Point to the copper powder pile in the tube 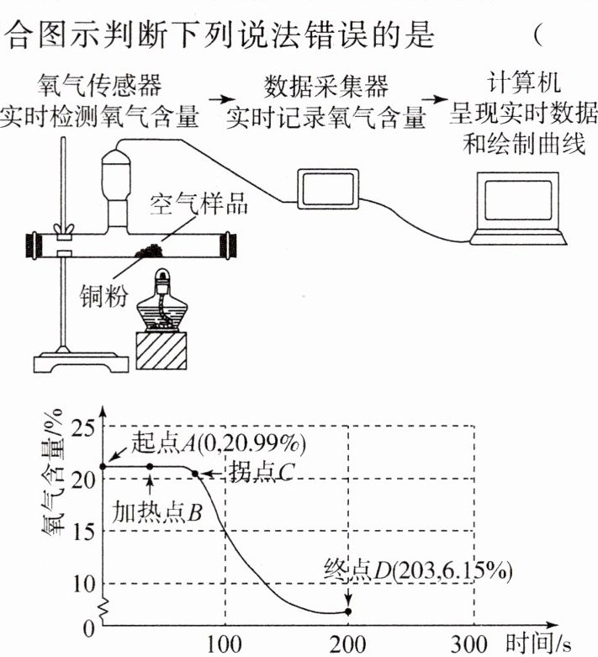point(151,251)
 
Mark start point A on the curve point(103,466)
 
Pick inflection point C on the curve point(195,474)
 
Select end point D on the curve point(348,612)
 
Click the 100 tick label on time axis point(225,644)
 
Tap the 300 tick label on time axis point(472,644)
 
